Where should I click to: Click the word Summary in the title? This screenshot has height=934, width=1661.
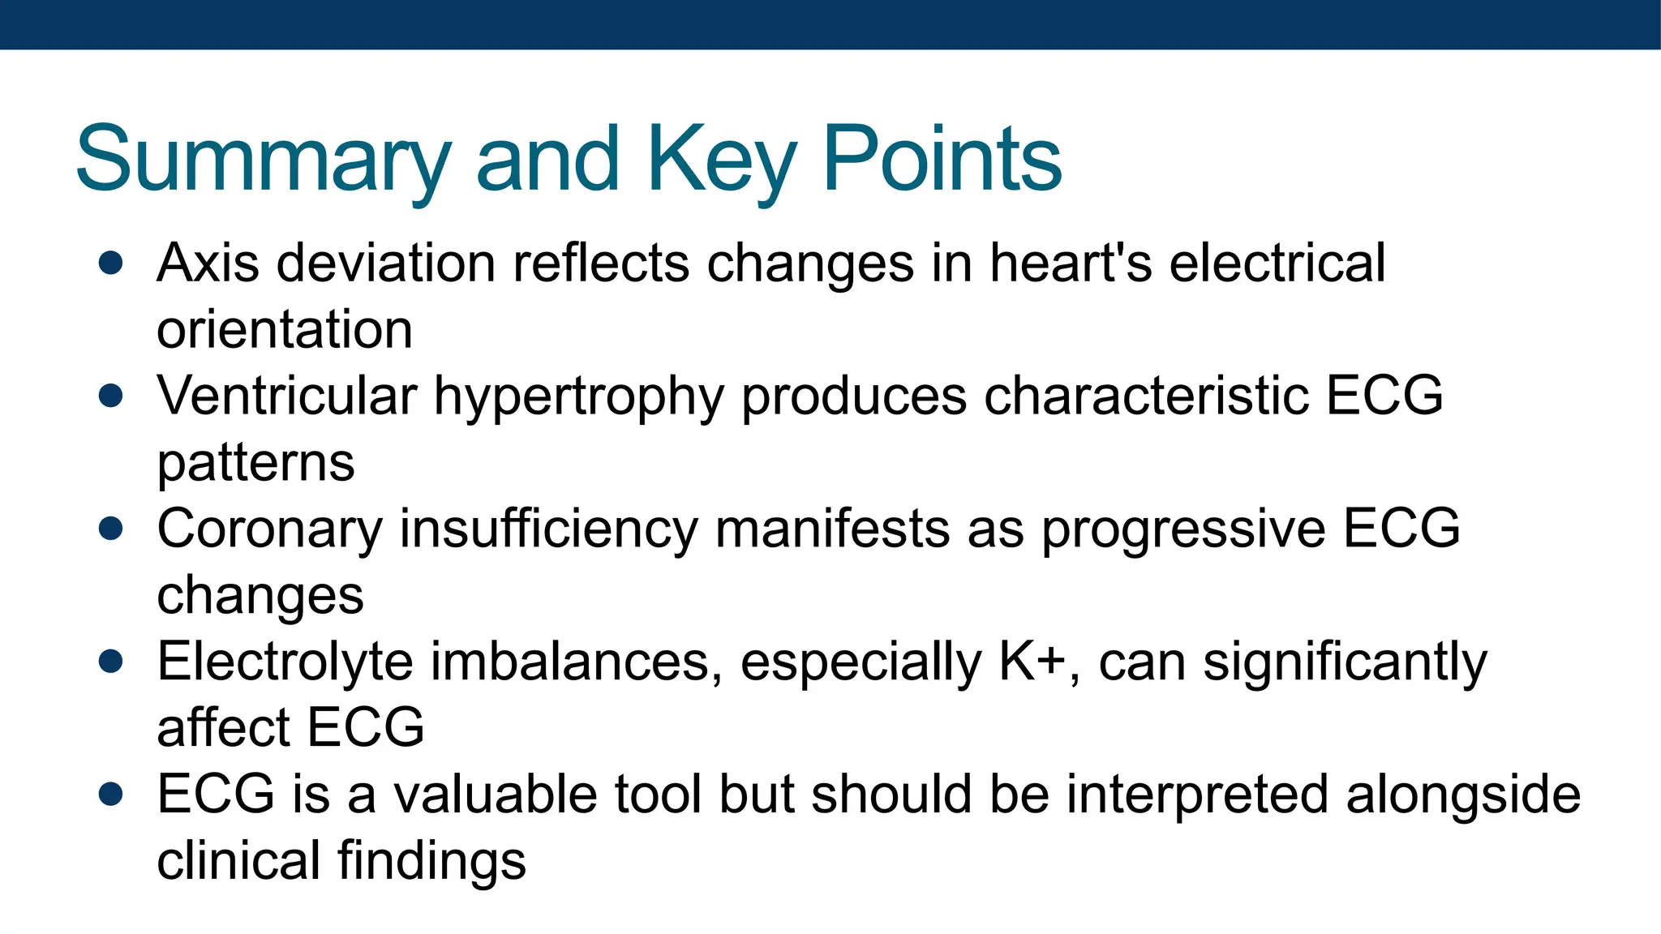pyautogui.click(x=263, y=160)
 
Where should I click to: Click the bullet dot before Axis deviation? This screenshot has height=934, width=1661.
pyautogui.click(x=110, y=263)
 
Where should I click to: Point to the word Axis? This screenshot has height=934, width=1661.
pyautogui.click(x=208, y=263)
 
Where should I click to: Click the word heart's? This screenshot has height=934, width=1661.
pyautogui.click(x=1071, y=263)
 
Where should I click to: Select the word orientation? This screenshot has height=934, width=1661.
pyautogui.click(x=285, y=331)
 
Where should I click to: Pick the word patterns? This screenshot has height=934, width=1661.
pyautogui.click(x=255, y=463)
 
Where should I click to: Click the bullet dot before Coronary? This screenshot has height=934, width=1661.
pyautogui.click(x=110, y=529)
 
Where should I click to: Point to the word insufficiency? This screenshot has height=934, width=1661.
pyautogui.click(x=548, y=529)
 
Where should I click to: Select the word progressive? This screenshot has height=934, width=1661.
pyautogui.click(x=1183, y=530)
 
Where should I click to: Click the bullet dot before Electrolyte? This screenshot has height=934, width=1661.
pyautogui.click(x=110, y=661)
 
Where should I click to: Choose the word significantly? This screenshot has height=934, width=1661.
pyautogui.click(x=1346, y=662)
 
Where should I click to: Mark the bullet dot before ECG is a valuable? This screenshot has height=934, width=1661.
pyautogui.click(x=110, y=794)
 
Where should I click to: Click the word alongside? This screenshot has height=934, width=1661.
pyautogui.click(x=1463, y=795)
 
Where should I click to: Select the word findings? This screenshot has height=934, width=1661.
pyautogui.click(x=431, y=861)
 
